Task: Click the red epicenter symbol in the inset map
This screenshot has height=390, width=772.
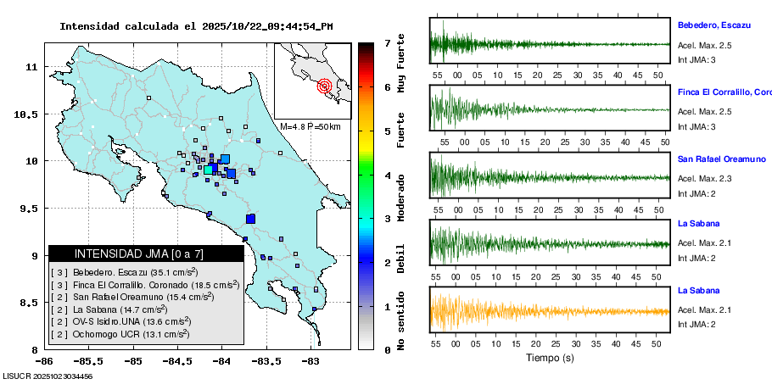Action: (324, 86)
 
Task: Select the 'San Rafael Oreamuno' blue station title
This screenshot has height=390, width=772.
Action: (722, 159)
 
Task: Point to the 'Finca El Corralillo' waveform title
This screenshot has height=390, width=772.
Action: (724, 92)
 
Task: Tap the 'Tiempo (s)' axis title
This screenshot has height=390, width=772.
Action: (550, 359)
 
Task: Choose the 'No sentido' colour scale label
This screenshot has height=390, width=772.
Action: (400, 323)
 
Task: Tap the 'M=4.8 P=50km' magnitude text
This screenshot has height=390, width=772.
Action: (310, 127)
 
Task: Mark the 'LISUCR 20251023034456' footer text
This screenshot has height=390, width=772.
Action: (48, 376)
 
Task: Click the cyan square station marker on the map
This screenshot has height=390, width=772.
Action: (209, 170)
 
